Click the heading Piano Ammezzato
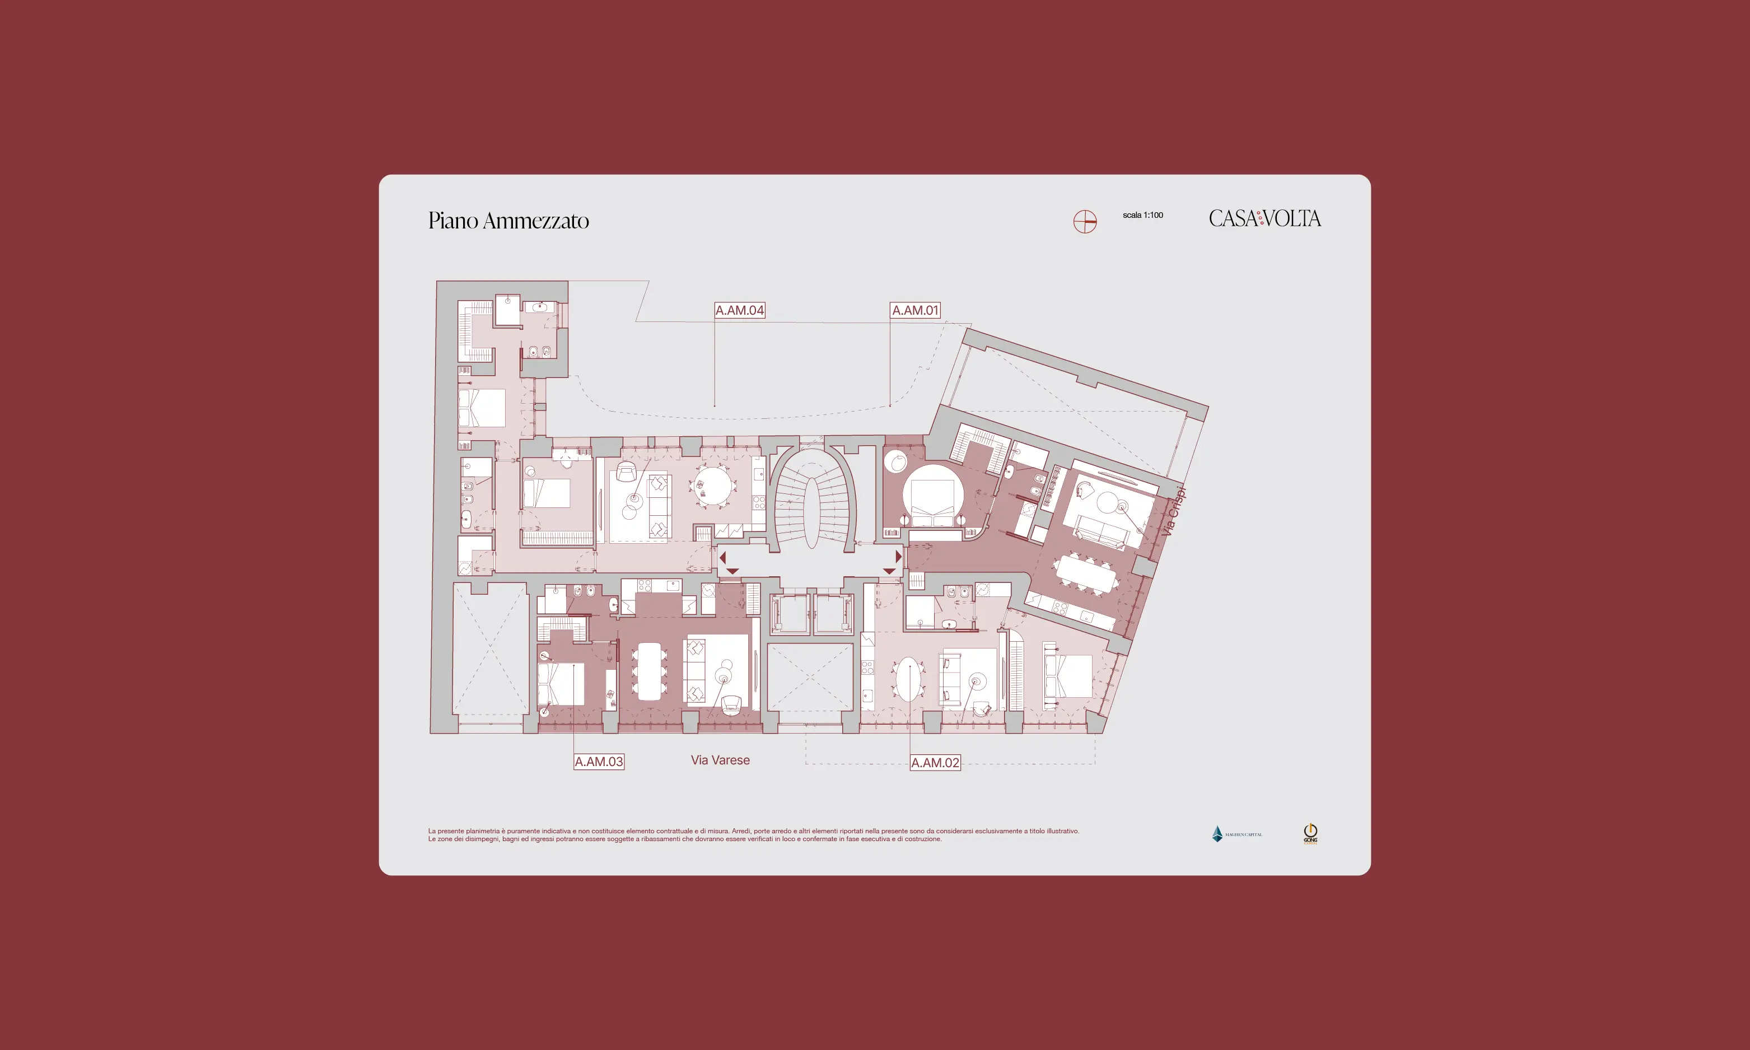pyautogui.click(x=508, y=221)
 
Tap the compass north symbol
pyautogui.click(x=1084, y=221)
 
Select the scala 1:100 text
pyautogui.click(x=1142, y=215)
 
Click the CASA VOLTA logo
pyautogui.click(x=1264, y=218)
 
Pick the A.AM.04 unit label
pyautogui.click(x=739, y=310)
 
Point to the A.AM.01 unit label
pyautogui.click(x=914, y=310)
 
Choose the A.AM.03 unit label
pyautogui.click(x=599, y=762)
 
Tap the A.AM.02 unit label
pyautogui.click(x=935, y=763)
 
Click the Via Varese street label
pyautogui.click(x=720, y=760)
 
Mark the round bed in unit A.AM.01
pyautogui.click(x=932, y=494)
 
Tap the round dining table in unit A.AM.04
pyautogui.click(x=713, y=486)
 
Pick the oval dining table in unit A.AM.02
pyautogui.click(x=908, y=679)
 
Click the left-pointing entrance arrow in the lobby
pyautogui.click(x=722, y=558)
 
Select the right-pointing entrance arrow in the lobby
pyautogui.click(x=898, y=556)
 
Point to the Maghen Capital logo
pyautogui.click(x=1236, y=834)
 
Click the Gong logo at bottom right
pyautogui.click(x=1310, y=833)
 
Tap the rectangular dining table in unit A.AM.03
pyautogui.click(x=650, y=671)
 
